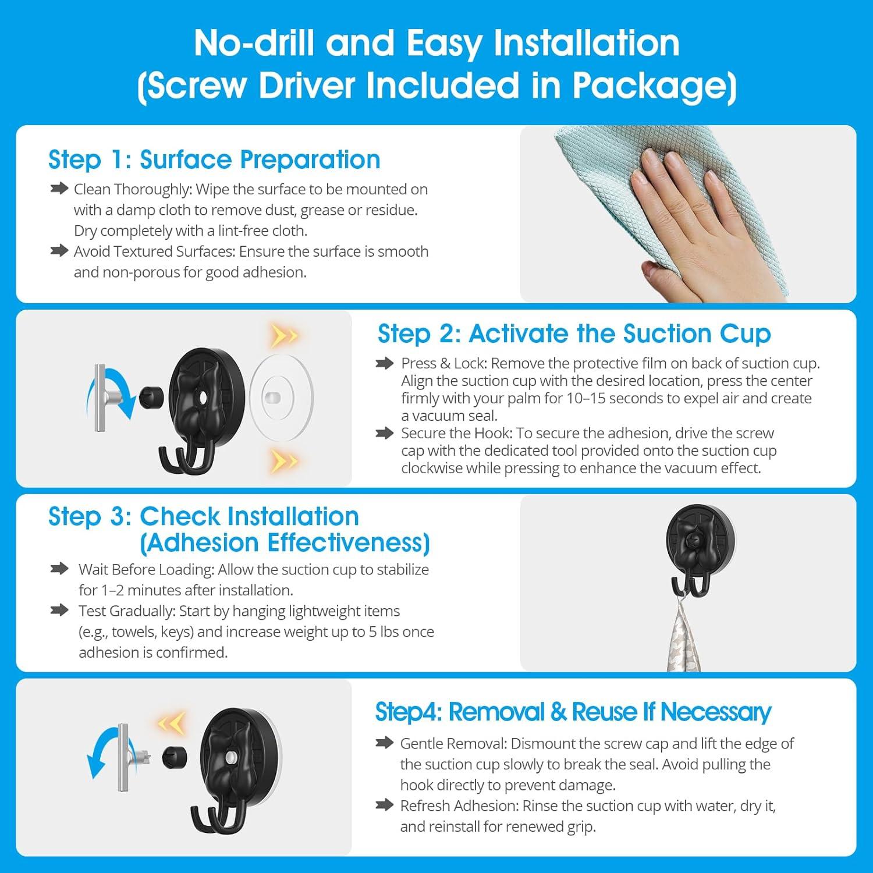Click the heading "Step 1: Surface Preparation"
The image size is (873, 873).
click(x=214, y=159)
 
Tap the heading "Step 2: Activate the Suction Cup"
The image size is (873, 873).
click(x=574, y=333)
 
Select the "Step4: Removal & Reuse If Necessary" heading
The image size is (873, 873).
click(x=573, y=712)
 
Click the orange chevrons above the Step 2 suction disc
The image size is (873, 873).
click(x=285, y=336)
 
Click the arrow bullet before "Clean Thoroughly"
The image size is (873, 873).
click(x=59, y=189)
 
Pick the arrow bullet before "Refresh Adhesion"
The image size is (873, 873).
click(x=385, y=805)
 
